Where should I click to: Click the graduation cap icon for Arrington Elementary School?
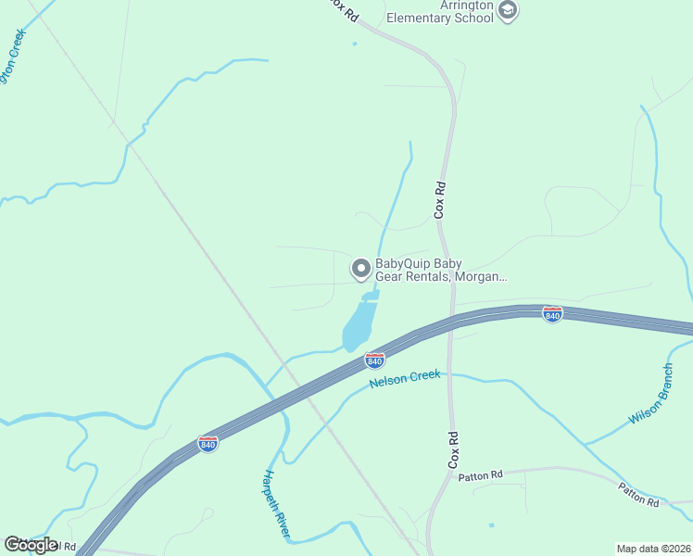pos(507,10)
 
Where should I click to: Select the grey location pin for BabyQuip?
pos(360,269)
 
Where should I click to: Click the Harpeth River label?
pos(276,504)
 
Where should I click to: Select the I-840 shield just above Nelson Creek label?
pos(374,359)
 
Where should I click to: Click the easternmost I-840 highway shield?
pos(552,314)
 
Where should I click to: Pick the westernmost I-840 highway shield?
pos(208,444)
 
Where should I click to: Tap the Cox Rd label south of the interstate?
pos(454,449)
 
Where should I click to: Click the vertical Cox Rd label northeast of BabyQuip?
pos(441,199)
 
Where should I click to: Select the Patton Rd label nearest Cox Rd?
pos(480,475)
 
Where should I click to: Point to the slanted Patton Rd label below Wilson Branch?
pos(638,495)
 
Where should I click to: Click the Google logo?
pos(30,544)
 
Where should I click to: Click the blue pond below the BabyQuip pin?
pos(359,325)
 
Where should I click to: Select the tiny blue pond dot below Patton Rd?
pos(491,525)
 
